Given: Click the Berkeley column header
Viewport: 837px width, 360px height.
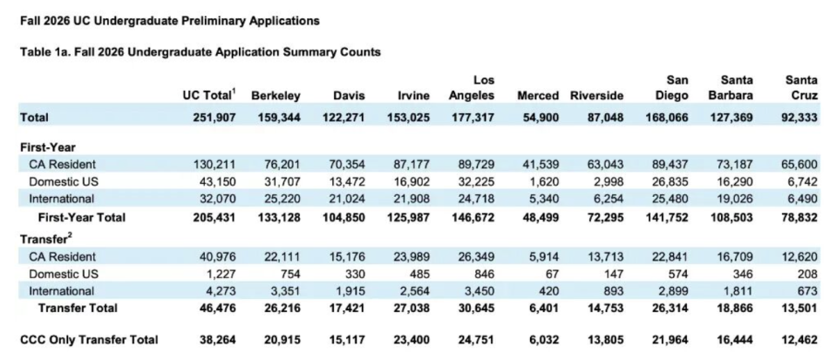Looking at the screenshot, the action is [276, 96].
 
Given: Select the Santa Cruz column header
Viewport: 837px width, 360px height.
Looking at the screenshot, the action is [801, 88].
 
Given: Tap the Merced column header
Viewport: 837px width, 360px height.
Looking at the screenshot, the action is [538, 96].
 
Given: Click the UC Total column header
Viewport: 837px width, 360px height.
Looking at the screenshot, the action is [208, 96].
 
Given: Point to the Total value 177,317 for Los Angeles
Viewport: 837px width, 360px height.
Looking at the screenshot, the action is [472, 118].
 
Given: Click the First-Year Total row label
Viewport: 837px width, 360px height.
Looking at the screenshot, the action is [82, 217].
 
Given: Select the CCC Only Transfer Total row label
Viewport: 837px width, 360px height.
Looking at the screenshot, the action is [89, 340].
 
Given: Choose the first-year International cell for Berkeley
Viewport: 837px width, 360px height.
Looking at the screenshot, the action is [282, 199].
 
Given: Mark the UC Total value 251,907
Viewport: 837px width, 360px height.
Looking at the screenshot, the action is [214, 118].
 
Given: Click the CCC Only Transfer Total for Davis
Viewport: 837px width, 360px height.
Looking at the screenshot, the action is [347, 340].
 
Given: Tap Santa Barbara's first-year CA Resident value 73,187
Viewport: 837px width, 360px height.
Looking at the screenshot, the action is [735, 164].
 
